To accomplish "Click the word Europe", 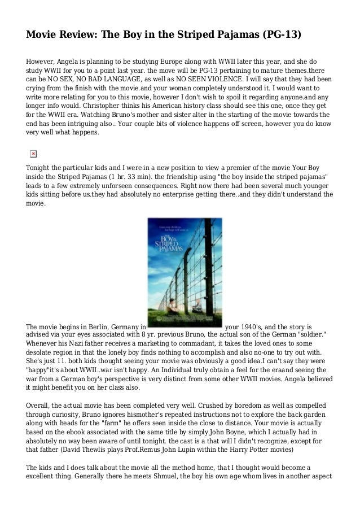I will click(x=170, y=62).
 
